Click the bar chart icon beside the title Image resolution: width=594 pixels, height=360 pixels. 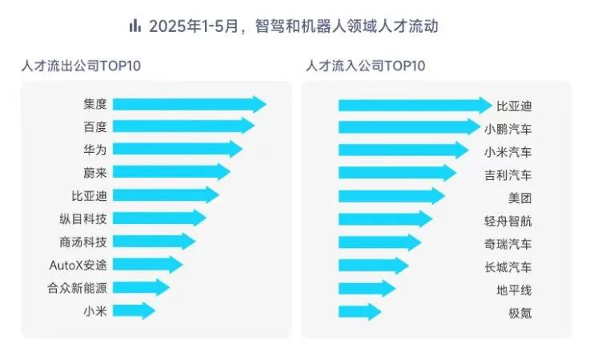[x=135, y=26]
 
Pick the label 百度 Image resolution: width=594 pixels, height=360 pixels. [x=94, y=126]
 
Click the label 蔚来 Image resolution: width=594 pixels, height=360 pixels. [x=94, y=172]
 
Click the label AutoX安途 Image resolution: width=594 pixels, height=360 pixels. [x=78, y=265]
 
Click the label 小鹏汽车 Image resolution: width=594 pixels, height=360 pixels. [x=508, y=127]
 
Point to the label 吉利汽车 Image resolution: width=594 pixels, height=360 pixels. [x=508, y=174]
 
